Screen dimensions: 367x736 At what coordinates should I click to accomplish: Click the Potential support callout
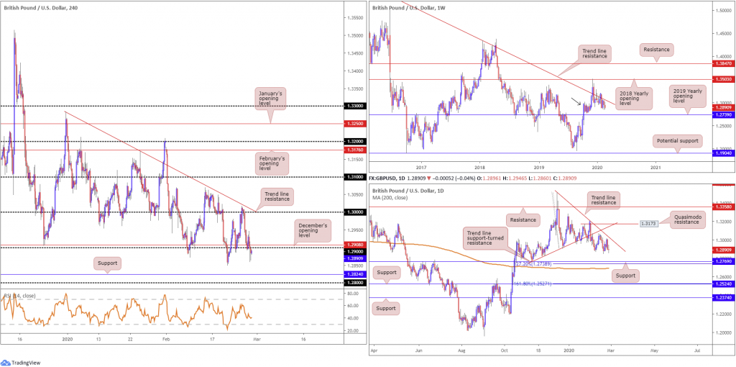pos(677,141)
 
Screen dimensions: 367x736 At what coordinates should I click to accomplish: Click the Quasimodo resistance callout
pos(692,219)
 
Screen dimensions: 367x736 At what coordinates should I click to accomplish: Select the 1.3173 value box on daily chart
pos(649,224)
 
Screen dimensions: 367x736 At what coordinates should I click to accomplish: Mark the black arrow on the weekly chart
pos(577,100)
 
